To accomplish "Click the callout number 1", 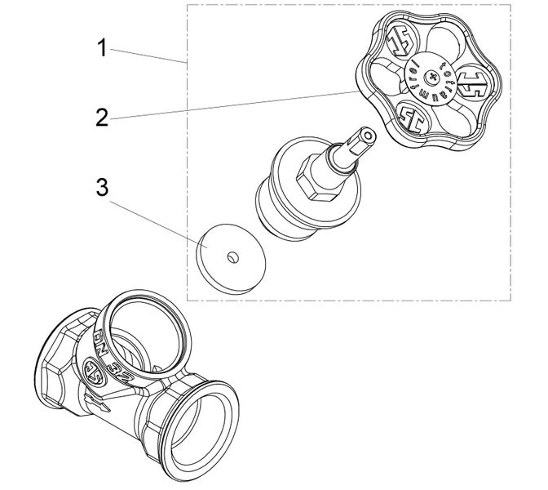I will pos(102,47).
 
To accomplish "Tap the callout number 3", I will pos(102,187).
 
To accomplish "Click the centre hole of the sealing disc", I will pos(232,257).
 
